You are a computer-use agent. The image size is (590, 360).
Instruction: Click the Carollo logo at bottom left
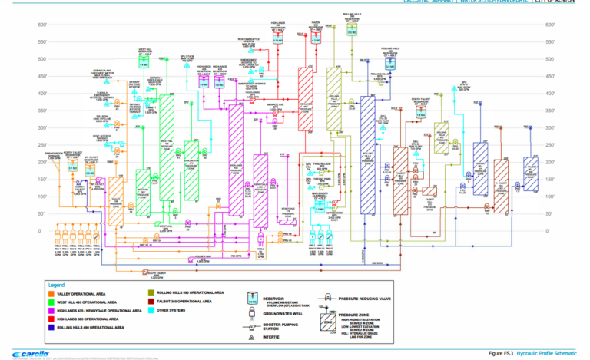[x=24, y=353]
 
